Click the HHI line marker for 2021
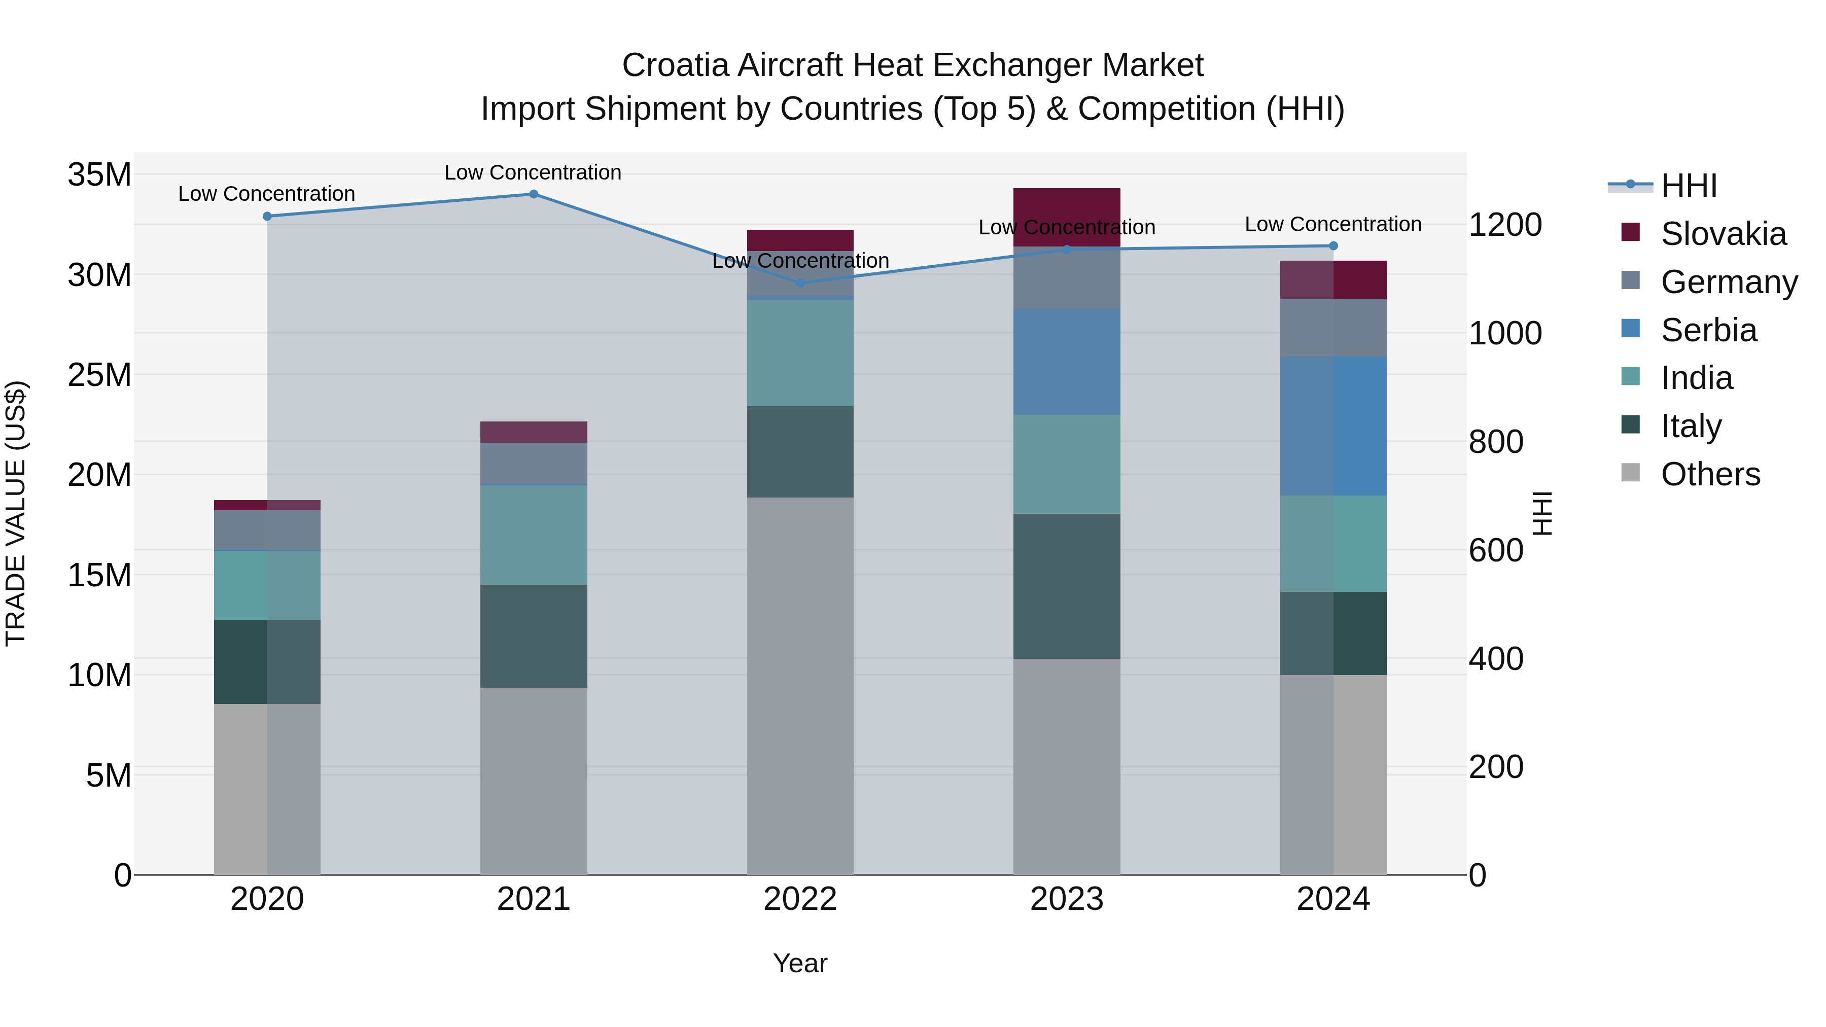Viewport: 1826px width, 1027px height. (534, 194)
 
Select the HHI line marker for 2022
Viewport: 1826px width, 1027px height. (800, 283)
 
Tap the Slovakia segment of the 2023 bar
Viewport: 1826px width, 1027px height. (1066, 217)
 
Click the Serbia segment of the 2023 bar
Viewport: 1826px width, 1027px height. (1066, 362)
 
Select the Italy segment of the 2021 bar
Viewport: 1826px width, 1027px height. (533, 636)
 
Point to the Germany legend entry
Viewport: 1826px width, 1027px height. (1728, 282)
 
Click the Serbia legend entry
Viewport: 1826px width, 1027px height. (1708, 330)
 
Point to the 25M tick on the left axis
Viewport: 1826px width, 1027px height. (99, 375)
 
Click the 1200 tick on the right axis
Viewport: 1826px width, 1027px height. (1504, 225)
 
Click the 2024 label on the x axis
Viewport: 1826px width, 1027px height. (1332, 899)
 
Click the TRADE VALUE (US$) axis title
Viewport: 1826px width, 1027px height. (16, 513)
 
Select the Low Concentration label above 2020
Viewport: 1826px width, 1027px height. (266, 194)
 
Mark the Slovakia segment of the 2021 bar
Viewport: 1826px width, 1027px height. (533, 432)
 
